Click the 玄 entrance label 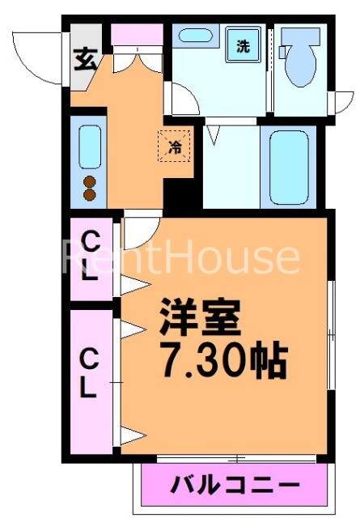point(86,59)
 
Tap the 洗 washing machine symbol point(243,45)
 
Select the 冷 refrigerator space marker point(175,146)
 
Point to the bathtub point(289,168)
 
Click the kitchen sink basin point(90,146)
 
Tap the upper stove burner point(90,182)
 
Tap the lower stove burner point(90,195)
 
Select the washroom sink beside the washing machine point(197,35)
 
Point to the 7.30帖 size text point(224,362)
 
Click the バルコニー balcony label point(235,485)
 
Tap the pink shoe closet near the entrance point(137,34)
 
